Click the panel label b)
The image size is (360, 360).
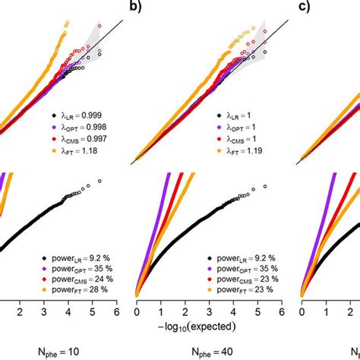click(135, 6)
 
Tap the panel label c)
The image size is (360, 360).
click(304, 6)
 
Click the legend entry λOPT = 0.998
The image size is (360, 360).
click(79, 128)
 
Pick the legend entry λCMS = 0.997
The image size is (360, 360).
click(79, 139)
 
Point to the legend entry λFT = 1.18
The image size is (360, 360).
click(74, 151)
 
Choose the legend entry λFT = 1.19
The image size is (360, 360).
click(239, 151)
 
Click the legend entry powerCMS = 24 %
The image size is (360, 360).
click(77, 279)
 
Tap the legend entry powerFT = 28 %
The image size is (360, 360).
click(75, 289)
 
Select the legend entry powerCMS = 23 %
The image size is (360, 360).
click(243, 279)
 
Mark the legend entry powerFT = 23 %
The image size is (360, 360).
click(240, 289)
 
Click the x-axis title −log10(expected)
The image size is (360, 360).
click(197, 327)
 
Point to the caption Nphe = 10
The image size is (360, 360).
click(58, 352)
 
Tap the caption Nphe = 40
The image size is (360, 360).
click(212, 352)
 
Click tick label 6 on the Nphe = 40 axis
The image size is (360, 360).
click(282, 312)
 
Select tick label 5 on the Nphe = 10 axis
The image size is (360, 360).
click(93, 312)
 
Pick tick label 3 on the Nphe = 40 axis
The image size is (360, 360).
click(209, 312)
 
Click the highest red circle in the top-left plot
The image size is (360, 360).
click(99, 26)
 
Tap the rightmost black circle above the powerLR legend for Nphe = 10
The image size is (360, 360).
click(99, 181)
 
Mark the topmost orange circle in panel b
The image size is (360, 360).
click(254, 28)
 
